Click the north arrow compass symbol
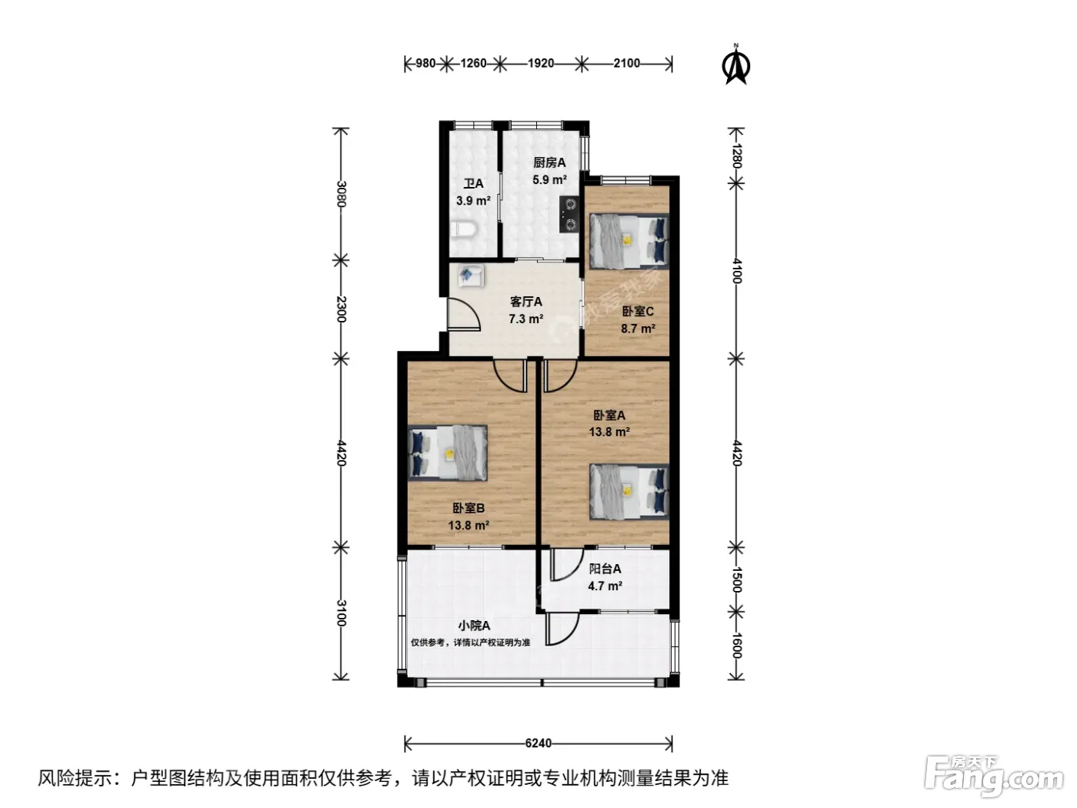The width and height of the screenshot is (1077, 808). tap(735, 65)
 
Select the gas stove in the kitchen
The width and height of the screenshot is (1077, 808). tap(569, 214)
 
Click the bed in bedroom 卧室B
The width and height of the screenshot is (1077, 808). tap(448, 452)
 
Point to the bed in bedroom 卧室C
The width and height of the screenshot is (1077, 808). tap(629, 241)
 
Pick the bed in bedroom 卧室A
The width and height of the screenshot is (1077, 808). tap(629, 492)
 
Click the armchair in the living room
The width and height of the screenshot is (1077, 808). tap(471, 275)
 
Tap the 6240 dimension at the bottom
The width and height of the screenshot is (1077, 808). tap(538, 743)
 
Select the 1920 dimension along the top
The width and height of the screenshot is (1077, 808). tap(541, 63)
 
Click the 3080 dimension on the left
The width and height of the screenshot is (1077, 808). tap(342, 194)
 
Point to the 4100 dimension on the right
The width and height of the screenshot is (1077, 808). tap(736, 271)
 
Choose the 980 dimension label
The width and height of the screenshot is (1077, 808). tap(425, 63)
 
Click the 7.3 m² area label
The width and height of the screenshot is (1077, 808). tap(525, 319)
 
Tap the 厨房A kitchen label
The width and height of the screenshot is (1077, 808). tap(549, 162)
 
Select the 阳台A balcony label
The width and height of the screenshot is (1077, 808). tap(605, 569)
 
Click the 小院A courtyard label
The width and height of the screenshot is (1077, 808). tap(474, 626)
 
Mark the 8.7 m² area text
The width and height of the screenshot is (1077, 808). tap(638, 329)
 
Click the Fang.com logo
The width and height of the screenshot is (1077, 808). tap(994, 776)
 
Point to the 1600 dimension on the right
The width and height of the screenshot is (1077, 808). tap(736, 646)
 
